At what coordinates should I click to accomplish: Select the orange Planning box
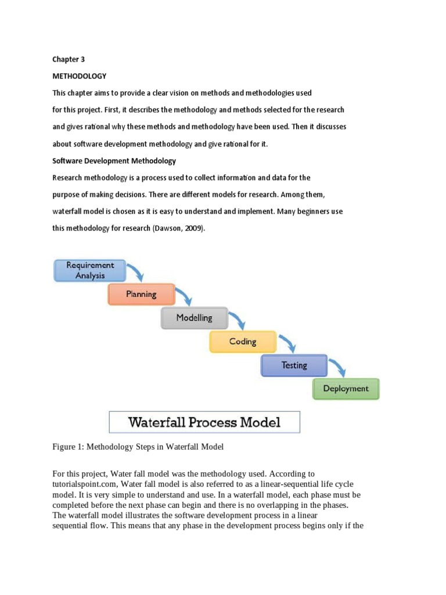tap(141, 294)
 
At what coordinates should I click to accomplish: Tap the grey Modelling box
tap(195, 318)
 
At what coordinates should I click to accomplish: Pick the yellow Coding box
tap(243, 342)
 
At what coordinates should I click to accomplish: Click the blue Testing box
tap(294, 365)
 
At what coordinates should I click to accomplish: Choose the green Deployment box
tap(346, 389)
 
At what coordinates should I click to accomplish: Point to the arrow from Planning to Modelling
tap(185, 296)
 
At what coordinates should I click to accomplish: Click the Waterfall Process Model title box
tap(204, 422)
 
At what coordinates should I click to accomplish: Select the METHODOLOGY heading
tap(80, 76)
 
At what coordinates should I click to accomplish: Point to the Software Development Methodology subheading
tap(114, 160)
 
